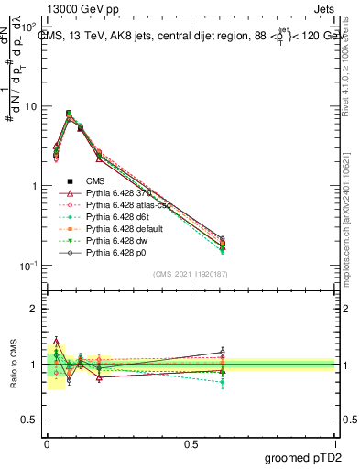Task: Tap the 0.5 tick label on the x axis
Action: (x=190, y=442)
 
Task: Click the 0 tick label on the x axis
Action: (x=46, y=442)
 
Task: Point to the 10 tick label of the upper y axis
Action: (x=30, y=106)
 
